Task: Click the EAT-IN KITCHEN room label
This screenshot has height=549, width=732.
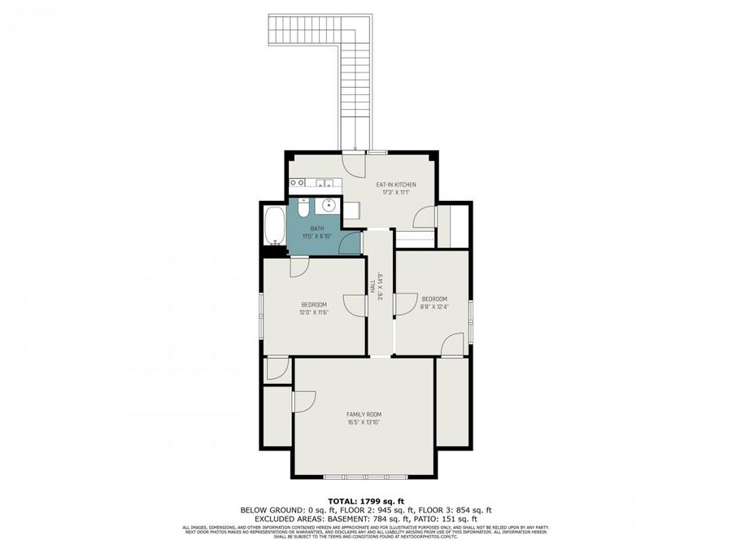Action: click(390, 185)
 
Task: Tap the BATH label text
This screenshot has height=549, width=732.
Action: click(317, 229)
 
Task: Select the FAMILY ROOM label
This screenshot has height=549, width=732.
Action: click(364, 414)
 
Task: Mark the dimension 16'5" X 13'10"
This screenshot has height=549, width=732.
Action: click(364, 422)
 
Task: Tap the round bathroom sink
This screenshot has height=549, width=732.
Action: click(329, 205)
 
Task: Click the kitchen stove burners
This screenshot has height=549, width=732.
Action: click(297, 183)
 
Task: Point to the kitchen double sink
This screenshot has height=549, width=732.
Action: click(324, 183)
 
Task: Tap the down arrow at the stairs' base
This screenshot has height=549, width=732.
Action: click(355, 148)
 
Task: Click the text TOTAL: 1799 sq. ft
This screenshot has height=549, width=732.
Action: click(365, 501)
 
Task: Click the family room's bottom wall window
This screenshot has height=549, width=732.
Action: click(364, 477)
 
